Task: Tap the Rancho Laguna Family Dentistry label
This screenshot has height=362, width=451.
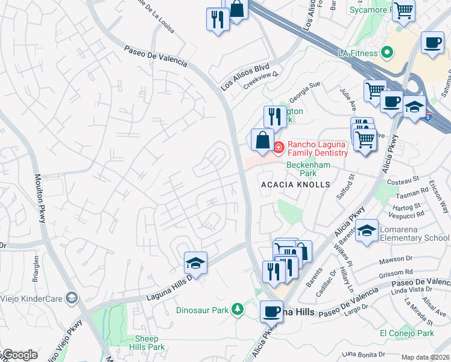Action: (x=317, y=148)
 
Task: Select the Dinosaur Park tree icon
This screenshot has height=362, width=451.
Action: (x=238, y=310)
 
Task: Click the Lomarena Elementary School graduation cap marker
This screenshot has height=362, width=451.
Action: (x=367, y=230)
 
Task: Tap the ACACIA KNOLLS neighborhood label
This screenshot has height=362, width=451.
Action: (x=295, y=185)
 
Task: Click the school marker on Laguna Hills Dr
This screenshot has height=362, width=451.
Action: (x=195, y=263)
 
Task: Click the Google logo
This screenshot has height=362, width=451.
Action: (x=19, y=355)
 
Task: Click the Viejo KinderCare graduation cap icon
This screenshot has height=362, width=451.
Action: (x=72, y=298)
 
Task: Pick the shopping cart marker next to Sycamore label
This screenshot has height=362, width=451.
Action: (x=403, y=10)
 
